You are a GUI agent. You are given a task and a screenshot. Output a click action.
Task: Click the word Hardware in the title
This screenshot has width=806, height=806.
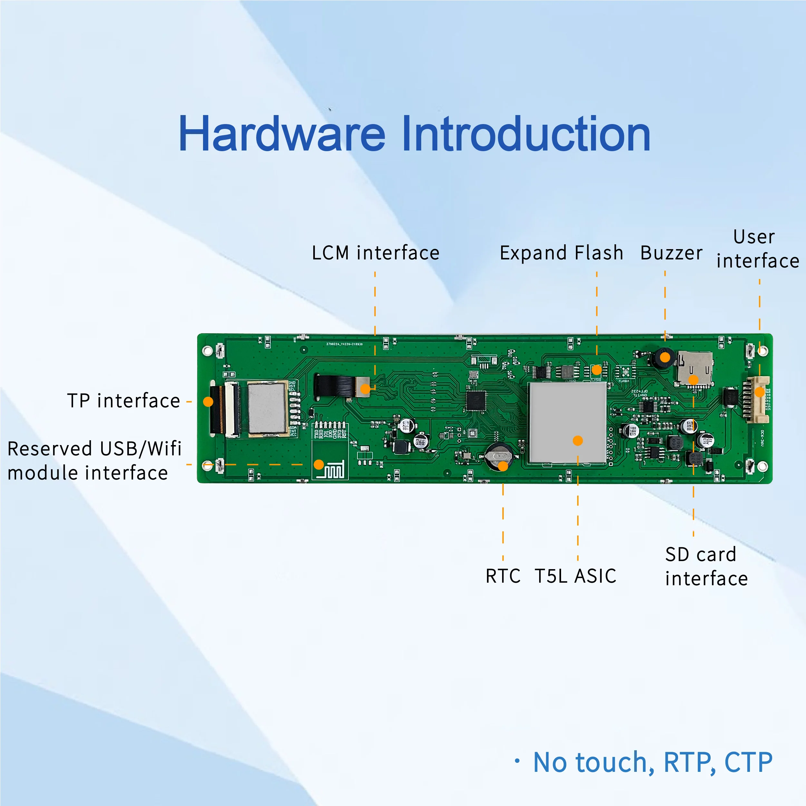tap(282, 134)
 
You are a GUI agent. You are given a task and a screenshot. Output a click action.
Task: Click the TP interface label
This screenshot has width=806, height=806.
tap(124, 401)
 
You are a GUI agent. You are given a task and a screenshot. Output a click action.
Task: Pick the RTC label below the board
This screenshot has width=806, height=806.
tap(503, 576)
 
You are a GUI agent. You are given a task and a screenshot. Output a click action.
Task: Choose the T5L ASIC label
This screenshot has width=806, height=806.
tap(575, 576)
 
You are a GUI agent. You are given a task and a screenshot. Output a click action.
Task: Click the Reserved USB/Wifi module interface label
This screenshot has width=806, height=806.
tap(94, 461)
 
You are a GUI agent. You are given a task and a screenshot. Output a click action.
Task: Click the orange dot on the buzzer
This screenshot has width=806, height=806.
tap(665, 357)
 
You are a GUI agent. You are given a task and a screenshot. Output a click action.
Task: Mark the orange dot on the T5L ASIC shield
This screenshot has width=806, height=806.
tap(578, 441)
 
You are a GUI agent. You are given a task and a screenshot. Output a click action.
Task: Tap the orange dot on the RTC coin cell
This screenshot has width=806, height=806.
tap(503, 466)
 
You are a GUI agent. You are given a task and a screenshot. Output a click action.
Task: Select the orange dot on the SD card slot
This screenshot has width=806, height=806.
tap(693, 380)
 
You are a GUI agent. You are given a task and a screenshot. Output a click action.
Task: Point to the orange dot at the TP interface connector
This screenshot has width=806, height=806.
tap(208, 402)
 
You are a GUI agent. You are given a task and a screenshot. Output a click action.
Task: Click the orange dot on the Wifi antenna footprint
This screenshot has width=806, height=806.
tap(319, 464)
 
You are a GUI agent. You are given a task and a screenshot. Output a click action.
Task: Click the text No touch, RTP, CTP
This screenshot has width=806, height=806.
tap(653, 762)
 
